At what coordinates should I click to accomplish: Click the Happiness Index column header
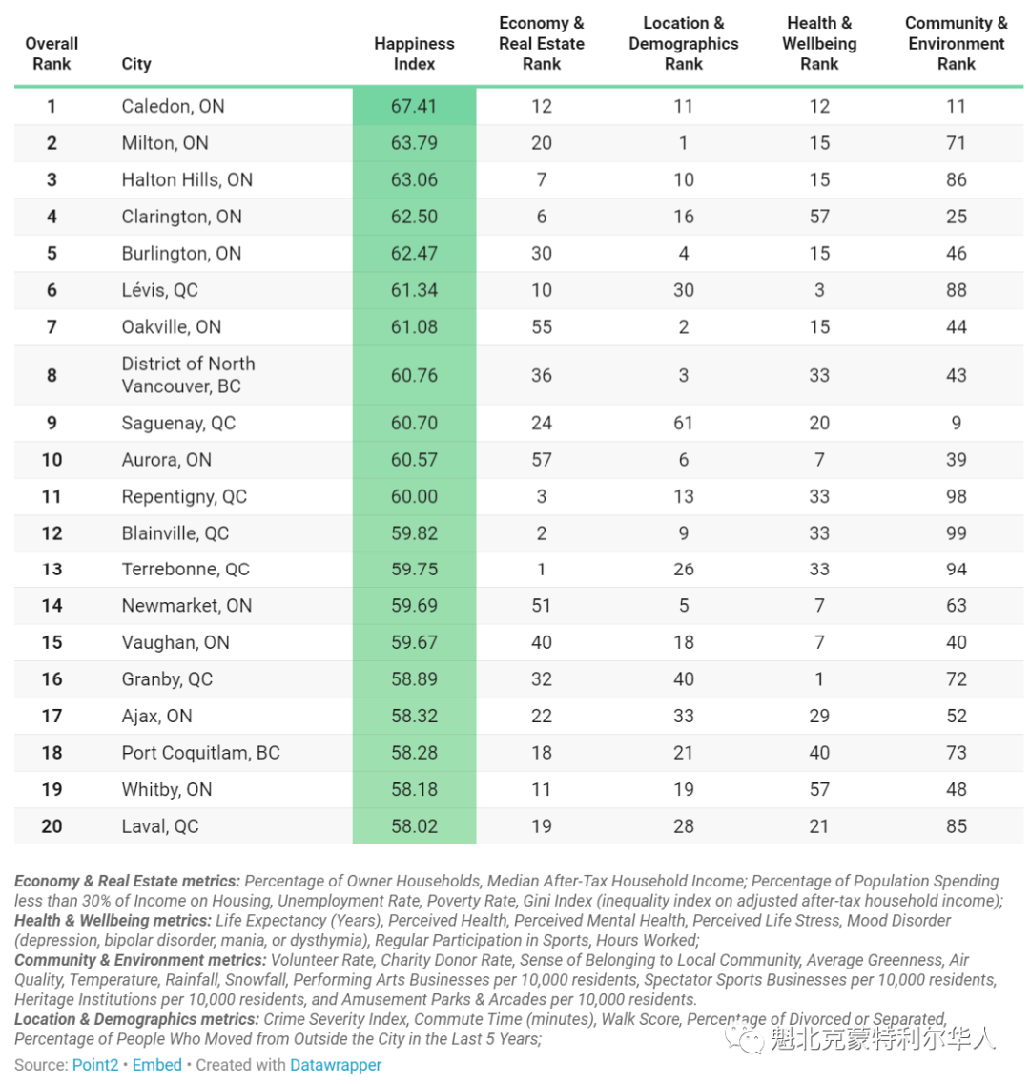pos(414,53)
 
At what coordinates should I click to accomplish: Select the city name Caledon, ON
pos(173,106)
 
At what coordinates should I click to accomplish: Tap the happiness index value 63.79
pos(414,143)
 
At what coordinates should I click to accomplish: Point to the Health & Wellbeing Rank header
pos(819,43)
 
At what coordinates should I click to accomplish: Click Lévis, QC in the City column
pos(159,290)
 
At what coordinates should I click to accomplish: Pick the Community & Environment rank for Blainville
pos(956,533)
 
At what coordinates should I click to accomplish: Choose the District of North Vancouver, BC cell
pos(188,375)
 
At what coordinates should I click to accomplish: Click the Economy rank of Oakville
pos(542,326)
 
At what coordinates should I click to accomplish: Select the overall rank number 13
pos(51,569)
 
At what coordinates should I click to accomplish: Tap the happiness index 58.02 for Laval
pos(414,826)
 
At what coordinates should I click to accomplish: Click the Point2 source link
pos(95,1065)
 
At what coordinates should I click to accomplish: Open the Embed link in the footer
pos(156,1065)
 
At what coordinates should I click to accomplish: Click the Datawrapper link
pos(335,1065)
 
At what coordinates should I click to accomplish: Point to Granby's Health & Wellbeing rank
pos(819,678)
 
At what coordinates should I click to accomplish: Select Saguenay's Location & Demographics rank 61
pos(683,423)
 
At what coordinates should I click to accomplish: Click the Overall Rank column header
pos(51,53)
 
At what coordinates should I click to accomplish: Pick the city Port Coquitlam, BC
pos(201,752)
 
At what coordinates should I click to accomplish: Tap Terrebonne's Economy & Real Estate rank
pos(542,569)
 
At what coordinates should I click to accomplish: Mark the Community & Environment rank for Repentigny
pos(956,496)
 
